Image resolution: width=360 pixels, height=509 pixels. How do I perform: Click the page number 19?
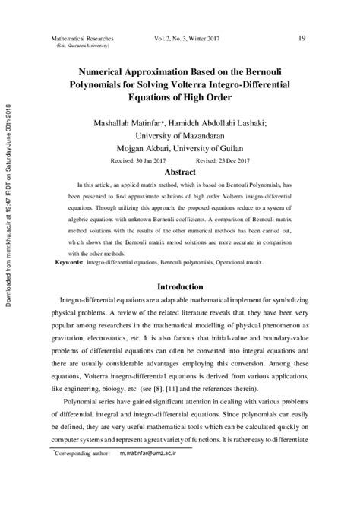pyautogui.click(x=302, y=38)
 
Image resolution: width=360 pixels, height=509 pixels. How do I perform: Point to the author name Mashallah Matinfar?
pyautogui.click(x=131, y=122)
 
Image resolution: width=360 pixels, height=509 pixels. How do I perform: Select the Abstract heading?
pyautogui.click(x=181, y=172)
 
